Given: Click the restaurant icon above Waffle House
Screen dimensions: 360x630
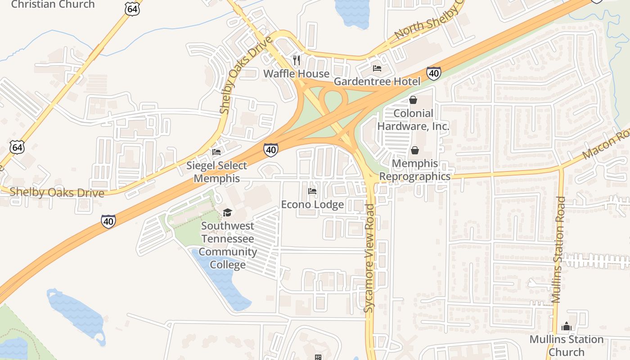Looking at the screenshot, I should pos(297,60).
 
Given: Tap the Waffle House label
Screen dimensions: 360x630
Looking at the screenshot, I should pos(297,73).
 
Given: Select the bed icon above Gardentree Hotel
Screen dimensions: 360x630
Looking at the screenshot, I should pos(377,68).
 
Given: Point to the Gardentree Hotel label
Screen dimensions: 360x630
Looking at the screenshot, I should pos(377,81).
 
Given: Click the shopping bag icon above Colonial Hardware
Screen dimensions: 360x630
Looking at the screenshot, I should pos(413,100).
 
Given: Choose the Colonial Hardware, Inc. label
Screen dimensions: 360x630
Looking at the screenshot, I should pos(413,120).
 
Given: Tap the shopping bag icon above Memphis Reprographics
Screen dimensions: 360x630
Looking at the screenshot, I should pos(414,150).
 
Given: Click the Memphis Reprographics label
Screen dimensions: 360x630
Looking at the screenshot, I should pos(414,170).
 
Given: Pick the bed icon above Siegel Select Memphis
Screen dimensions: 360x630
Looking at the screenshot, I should pos(216,152).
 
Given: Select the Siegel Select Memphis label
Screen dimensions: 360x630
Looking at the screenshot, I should pos(217,172).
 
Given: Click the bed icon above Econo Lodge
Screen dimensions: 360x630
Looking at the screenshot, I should pos(312,191).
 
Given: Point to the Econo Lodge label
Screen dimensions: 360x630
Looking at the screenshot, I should pos(312,205).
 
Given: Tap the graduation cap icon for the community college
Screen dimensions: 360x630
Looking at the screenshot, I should pos(227,212).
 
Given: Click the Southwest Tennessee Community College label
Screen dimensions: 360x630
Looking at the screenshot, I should pos(228,245).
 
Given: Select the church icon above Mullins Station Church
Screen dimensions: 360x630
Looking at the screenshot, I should pos(566,326).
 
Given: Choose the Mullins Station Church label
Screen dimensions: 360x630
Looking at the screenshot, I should pos(566,345).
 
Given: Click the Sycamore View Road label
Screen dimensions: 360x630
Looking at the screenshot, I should pos(369,258).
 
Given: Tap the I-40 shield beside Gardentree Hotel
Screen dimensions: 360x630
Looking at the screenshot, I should pos(434,73).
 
